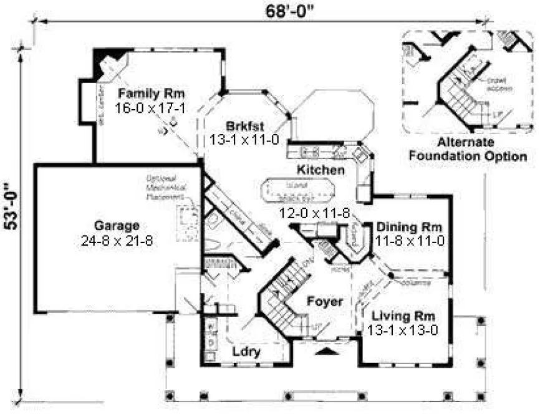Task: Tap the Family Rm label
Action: click(152, 94)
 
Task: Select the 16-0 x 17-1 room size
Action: click(152, 108)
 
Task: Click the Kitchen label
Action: click(321, 170)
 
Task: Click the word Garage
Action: click(117, 225)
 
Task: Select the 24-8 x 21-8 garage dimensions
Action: click(117, 239)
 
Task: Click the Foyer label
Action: click(325, 302)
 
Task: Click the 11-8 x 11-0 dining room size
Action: click(410, 240)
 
